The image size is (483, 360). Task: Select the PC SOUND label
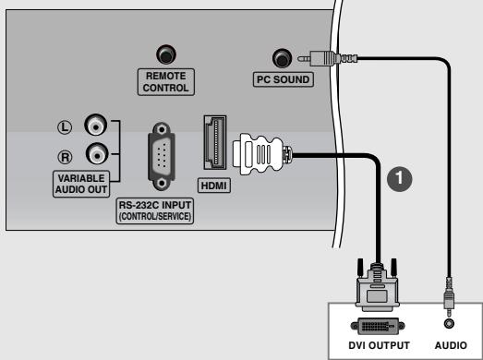282,79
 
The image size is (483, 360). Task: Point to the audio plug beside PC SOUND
319,57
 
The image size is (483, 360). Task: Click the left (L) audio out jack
94,124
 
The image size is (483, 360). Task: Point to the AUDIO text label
450,346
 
